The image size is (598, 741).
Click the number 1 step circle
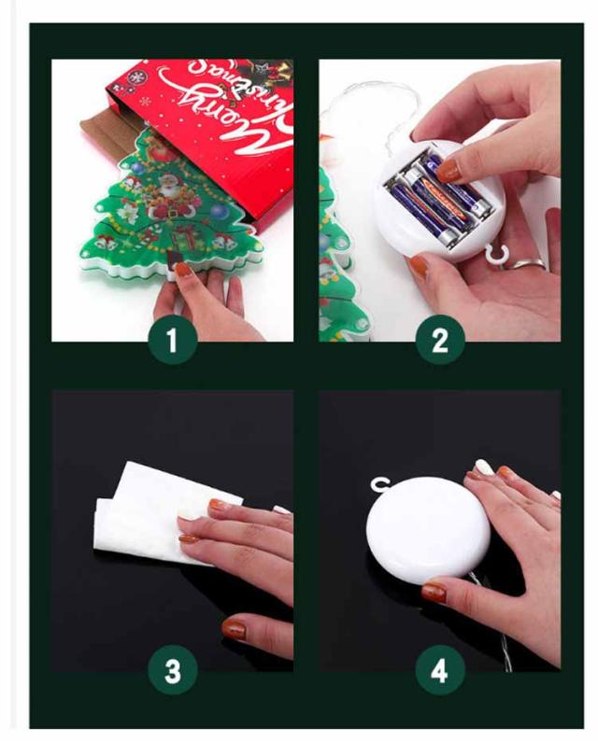coord(173,340)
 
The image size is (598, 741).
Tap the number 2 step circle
coord(440,340)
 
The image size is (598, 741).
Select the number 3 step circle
coord(173,670)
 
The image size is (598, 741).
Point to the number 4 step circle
coord(440,670)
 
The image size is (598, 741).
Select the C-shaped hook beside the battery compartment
coord(496,253)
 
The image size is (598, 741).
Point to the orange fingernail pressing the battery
coord(448,171)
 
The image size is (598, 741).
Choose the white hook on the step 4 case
coord(380,485)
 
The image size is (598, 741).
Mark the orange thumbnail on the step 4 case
coord(434,592)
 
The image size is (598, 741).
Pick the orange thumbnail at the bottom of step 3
coord(234,628)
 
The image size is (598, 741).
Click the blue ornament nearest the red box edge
coord(218,211)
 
